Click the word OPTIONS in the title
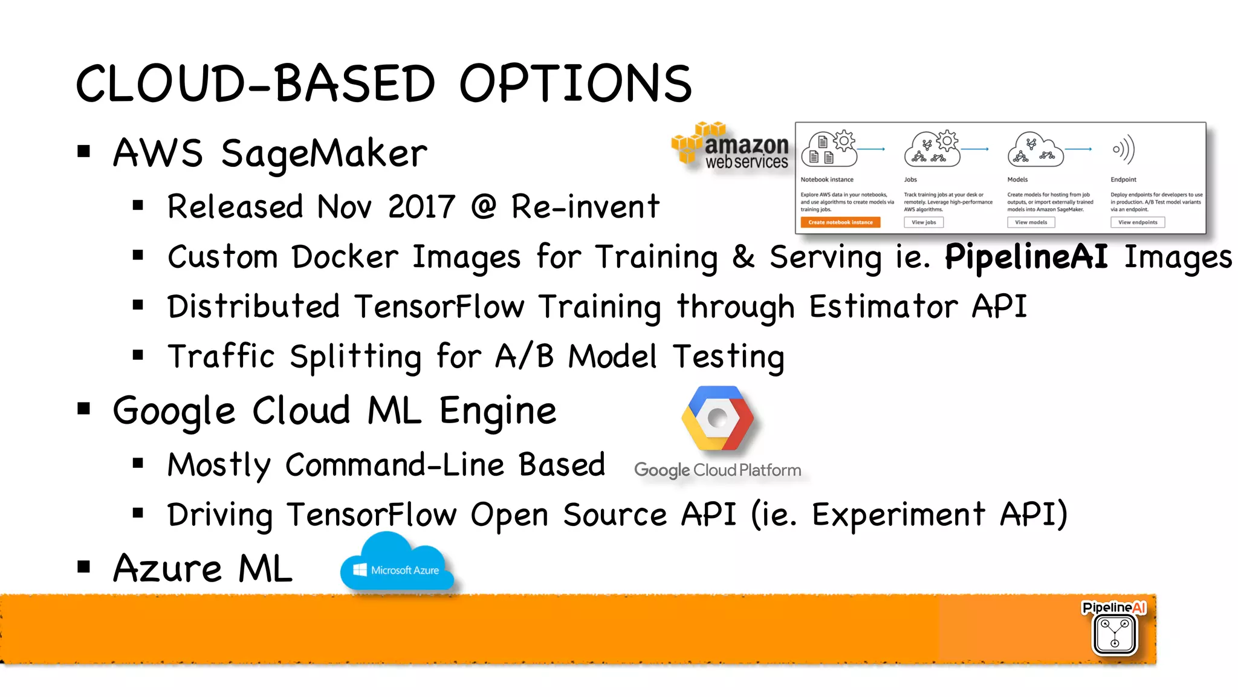[x=575, y=83]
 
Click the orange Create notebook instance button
[x=840, y=222]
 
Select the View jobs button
[x=924, y=222]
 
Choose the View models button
[x=1031, y=222]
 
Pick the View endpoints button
[x=1137, y=222]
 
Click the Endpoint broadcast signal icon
[x=1123, y=149]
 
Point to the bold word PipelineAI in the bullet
[x=1026, y=256]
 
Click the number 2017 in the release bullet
[x=421, y=207]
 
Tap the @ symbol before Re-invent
[x=483, y=207]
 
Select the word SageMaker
[x=324, y=154]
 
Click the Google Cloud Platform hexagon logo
[x=718, y=418]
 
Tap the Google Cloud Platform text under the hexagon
[x=718, y=470]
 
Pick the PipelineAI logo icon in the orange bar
[x=1114, y=632]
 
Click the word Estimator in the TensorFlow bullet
[x=883, y=306]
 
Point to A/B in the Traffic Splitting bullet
[x=524, y=356]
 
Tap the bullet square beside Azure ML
[x=84, y=567]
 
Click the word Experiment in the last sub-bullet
[x=898, y=515]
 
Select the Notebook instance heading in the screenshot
[x=827, y=180]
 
